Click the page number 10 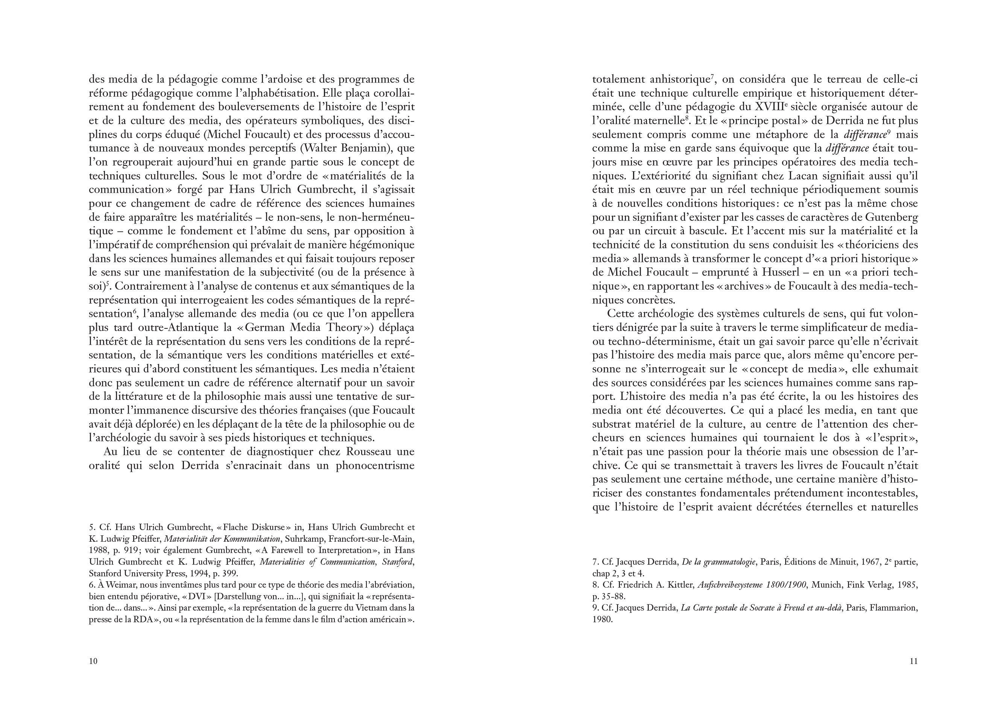pos(93,661)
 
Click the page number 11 pos(914,661)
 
